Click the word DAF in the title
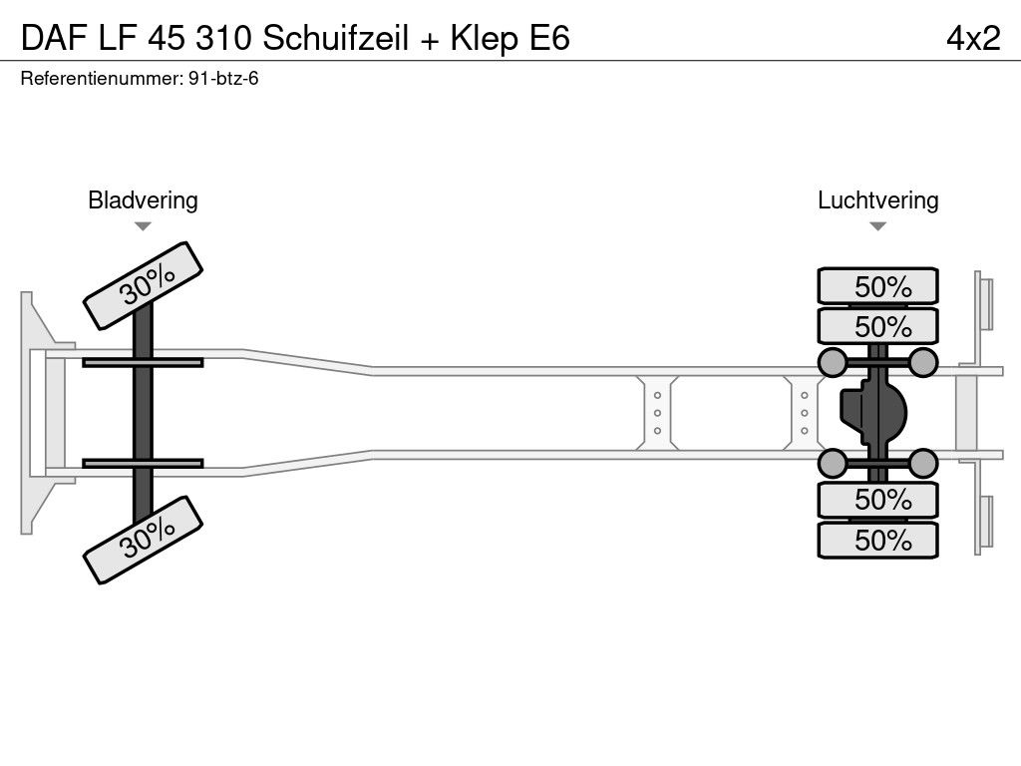tap(54, 38)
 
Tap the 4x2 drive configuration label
tap(973, 38)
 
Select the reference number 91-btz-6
tap(223, 79)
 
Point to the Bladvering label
tap(143, 199)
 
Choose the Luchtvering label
tap(877, 199)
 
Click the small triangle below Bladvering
tap(143, 226)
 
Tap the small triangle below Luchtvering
tap(877, 226)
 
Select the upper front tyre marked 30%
tap(144, 285)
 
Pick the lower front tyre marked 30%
tap(144, 540)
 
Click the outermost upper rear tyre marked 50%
tap(877, 285)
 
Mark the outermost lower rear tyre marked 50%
tap(877, 540)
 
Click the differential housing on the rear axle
tap(872, 413)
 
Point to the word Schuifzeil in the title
tap(335, 38)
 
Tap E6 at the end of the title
tap(550, 38)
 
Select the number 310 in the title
tap(224, 38)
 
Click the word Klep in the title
tap(485, 38)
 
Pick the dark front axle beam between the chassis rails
tap(143, 413)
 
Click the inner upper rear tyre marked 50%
tap(877, 326)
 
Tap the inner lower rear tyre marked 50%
tap(877, 500)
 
